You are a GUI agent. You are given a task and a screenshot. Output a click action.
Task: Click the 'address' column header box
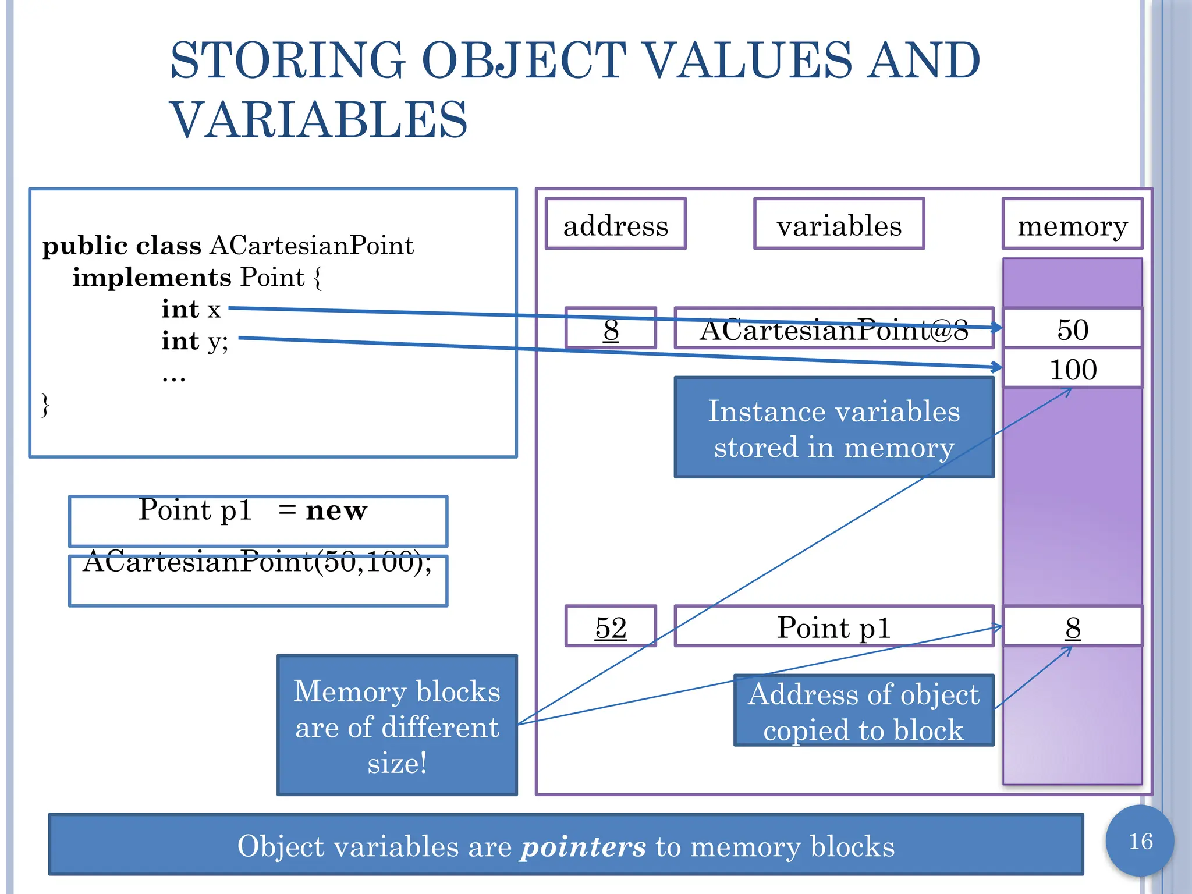tap(615, 225)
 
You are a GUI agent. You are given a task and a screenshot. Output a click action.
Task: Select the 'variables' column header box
tap(839, 225)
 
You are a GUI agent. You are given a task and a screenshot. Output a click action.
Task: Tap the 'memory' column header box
tap(1072, 225)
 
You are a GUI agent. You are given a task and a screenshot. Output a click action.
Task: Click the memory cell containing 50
tap(1072, 329)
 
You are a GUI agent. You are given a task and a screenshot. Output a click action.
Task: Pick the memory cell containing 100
tap(1072, 369)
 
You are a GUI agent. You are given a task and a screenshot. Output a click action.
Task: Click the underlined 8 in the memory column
tap(1073, 627)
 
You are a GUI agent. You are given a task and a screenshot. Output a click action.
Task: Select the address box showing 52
tap(611, 627)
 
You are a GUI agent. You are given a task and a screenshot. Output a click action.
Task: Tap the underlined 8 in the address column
tap(611, 329)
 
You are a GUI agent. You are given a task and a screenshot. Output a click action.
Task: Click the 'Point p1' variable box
tap(833, 627)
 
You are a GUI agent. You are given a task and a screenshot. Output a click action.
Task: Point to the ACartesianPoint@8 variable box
tap(833, 329)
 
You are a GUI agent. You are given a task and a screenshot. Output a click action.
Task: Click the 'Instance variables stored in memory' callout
tap(833, 428)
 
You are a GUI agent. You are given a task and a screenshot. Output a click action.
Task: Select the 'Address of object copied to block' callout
tap(864, 711)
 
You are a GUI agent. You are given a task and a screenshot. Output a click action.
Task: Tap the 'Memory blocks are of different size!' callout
tap(397, 726)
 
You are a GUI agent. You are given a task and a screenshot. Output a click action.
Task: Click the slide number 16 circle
tap(1140, 841)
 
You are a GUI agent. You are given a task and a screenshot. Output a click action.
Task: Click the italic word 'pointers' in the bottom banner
tap(583, 846)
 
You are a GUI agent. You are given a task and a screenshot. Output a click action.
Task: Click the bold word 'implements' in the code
tap(152, 277)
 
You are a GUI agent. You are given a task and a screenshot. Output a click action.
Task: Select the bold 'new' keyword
tap(336, 510)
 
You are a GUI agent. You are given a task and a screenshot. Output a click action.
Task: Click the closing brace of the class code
tap(45, 405)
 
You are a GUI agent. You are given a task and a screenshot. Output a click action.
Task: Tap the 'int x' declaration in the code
tap(191, 309)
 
